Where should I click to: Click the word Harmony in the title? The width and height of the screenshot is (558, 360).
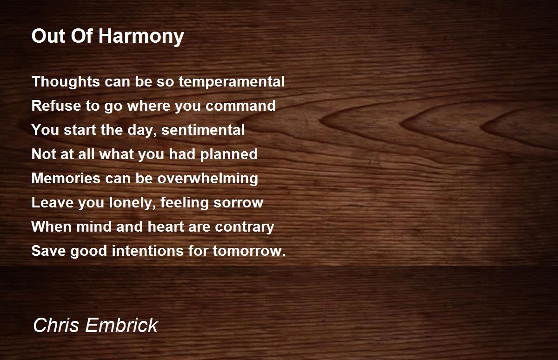(141, 37)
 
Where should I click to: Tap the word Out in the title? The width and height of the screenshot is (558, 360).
(48, 36)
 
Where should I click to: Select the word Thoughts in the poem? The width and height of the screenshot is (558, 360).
(66, 82)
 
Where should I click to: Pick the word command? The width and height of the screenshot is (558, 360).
(241, 106)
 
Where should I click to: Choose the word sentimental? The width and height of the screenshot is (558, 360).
(203, 130)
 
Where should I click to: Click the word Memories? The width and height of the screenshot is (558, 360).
(66, 179)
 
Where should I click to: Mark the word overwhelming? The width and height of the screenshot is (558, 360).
(208, 179)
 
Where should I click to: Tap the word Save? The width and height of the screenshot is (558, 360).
(48, 251)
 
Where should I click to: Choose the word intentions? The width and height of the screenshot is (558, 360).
(148, 251)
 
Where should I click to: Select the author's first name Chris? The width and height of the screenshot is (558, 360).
(56, 325)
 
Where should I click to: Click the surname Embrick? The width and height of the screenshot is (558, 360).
(121, 325)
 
